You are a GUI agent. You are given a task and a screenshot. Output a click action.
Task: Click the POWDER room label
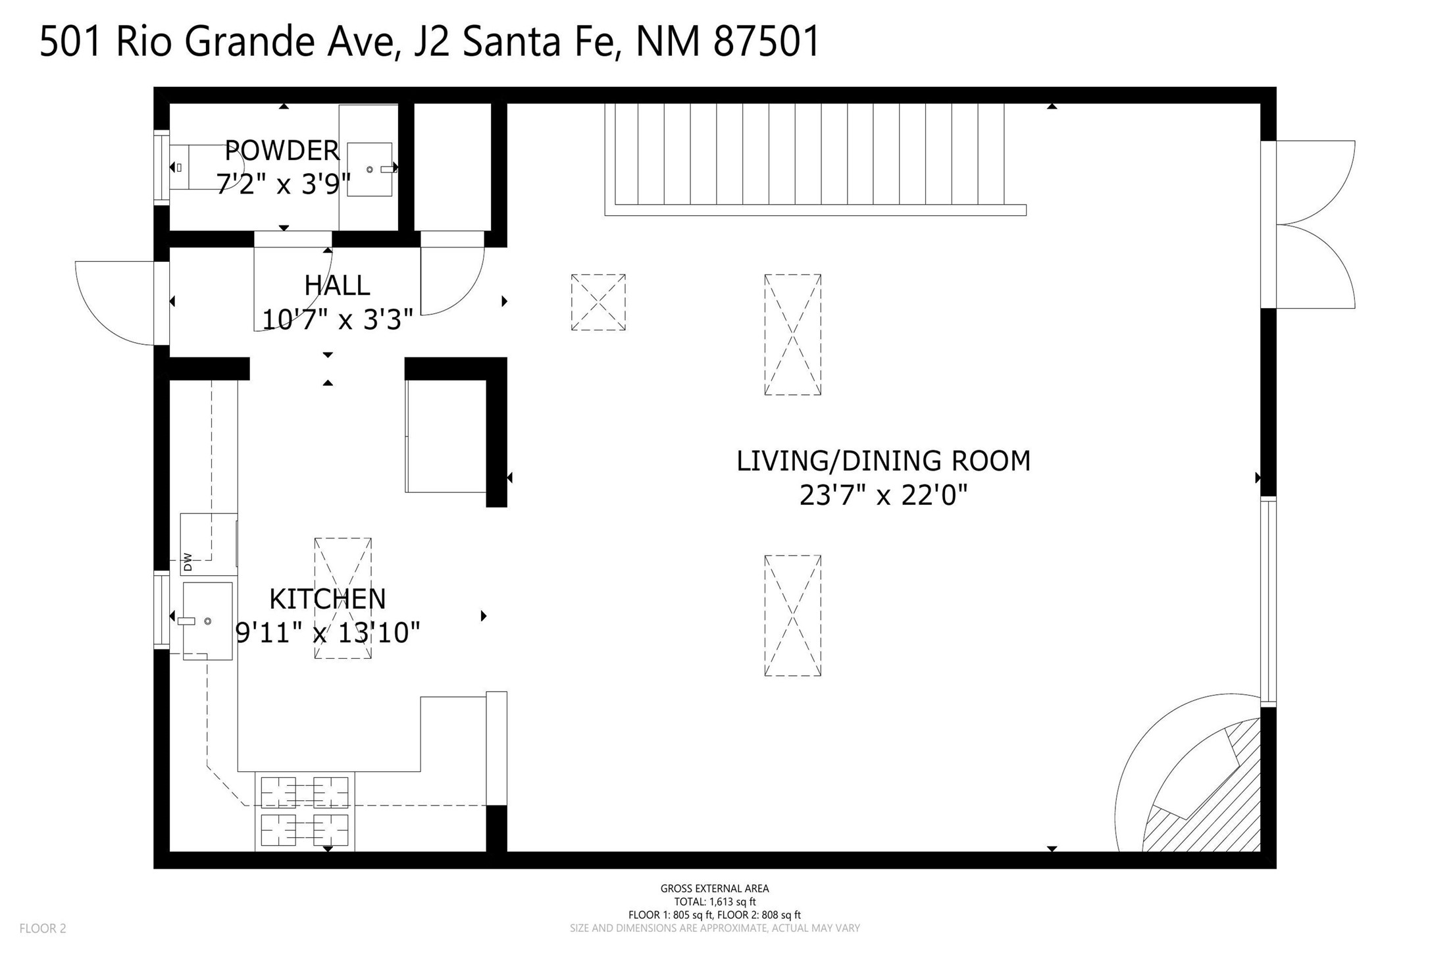click(x=282, y=151)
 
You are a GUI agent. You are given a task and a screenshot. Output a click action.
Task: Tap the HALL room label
click(x=337, y=286)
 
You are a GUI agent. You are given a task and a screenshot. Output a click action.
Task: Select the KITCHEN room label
click(x=328, y=599)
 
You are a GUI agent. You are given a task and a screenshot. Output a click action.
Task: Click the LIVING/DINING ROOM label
click(x=883, y=461)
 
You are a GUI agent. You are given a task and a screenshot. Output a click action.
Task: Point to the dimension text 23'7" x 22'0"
click(x=883, y=495)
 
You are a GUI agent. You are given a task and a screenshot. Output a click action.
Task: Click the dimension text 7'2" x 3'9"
click(x=283, y=184)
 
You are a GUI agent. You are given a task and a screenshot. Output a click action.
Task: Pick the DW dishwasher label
click(x=188, y=561)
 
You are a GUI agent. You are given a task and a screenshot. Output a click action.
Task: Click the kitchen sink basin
click(x=207, y=621)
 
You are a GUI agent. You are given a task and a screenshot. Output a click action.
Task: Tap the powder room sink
click(x=370, y=169)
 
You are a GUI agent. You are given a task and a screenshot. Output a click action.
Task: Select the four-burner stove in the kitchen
click(x=305, y=811)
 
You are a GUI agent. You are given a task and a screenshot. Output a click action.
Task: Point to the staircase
click(x=815, y=159)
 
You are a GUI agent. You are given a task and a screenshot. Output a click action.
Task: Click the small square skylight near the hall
click(x=598, y=302)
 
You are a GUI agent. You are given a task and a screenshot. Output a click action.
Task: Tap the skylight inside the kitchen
click(x=343, y=598)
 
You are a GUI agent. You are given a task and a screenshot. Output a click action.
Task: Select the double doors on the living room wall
click(x=1315, y=224)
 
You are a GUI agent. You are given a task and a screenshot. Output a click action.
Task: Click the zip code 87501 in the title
click(x=767, y=41)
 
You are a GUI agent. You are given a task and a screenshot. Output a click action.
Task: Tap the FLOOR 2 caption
click(x=43, y=929)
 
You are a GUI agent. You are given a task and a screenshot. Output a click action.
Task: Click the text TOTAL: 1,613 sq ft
click(x=715, y=902)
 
